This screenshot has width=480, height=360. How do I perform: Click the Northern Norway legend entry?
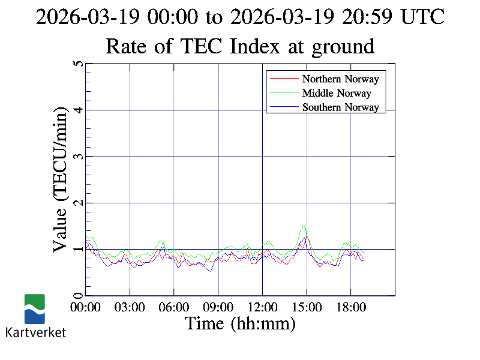(340, 79)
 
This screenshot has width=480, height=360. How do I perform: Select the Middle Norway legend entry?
(337, 93)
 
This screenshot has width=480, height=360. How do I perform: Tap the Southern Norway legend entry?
(340, 107)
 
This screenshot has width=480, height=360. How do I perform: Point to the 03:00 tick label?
(130, 307)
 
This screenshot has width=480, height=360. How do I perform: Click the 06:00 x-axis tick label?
(174, 307)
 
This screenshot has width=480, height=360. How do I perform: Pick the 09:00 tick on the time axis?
(218, 307)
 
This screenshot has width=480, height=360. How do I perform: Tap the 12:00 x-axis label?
(262, 307)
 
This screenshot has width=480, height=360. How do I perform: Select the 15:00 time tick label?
(307, 307)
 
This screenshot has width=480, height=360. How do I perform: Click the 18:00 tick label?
(350, 307)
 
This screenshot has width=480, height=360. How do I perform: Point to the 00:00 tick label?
(86, 307)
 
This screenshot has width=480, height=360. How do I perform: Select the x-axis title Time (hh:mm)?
(240, 324)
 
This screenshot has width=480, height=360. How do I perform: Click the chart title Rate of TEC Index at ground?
(240, 46)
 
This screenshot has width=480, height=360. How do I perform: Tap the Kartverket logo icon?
(35, 309)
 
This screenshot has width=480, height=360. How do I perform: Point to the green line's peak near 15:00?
(304, 226)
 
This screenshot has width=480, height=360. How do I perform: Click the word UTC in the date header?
(424, 17)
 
